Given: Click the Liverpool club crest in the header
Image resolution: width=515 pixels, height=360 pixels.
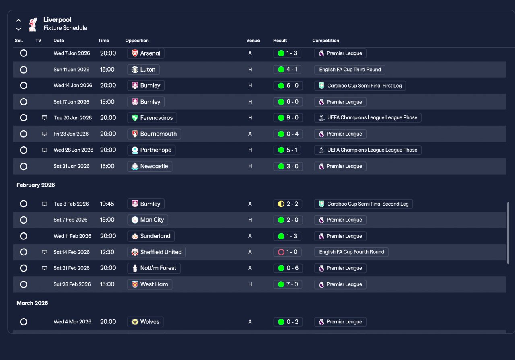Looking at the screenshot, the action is tap(33, 25).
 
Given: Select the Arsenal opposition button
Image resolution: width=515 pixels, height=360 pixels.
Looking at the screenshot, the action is tap(146, 53).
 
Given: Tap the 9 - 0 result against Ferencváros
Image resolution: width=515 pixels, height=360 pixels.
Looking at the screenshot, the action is tap(288, 118).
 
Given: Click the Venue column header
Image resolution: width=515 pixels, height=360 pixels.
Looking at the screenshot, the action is tap(253, 41).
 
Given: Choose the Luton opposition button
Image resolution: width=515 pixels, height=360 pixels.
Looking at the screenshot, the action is tap(144, 70).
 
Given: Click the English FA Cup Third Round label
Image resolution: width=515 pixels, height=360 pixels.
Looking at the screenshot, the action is tap(350, 70).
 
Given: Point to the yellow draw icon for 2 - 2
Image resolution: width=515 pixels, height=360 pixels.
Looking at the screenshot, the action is tap(281, 204).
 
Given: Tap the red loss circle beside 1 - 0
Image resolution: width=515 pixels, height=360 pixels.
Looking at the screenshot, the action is tap(281, 252).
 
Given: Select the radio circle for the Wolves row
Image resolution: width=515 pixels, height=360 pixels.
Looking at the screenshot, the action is tap(23, 322).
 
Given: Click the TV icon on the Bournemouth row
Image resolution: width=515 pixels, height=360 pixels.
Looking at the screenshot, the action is tap(44, 134).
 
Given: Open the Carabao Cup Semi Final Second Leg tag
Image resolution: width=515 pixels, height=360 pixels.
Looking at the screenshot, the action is tap(363, 204).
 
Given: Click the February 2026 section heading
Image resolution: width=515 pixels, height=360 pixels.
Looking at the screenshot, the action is tap(36, 185).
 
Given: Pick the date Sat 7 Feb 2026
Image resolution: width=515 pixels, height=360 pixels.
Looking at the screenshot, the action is tap(70, 220).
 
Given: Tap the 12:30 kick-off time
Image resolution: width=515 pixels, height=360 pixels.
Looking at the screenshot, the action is tap(107, 252).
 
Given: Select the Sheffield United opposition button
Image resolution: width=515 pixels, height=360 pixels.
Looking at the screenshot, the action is tap(157, 252).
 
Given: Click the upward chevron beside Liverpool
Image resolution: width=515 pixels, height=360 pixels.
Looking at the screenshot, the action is tap(19, 20).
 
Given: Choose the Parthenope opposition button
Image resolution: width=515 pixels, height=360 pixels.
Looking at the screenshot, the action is tap(151, 150).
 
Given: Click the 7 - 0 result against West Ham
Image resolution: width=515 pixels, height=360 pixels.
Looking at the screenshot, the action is tap(288, 284).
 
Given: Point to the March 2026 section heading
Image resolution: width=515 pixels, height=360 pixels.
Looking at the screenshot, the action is tap(32, 303).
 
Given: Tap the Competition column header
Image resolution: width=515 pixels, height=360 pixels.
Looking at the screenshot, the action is tap(325, 41).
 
